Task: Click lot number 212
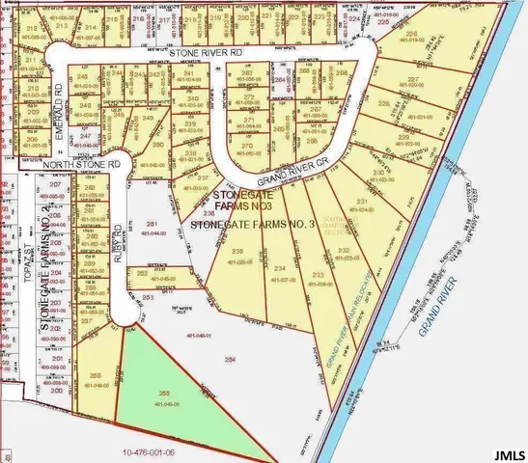click(34, 30)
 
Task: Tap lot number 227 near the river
click(413, 80)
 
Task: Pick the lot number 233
click(319, 275)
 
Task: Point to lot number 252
click(142, 274)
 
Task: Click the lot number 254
click(230, 359)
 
